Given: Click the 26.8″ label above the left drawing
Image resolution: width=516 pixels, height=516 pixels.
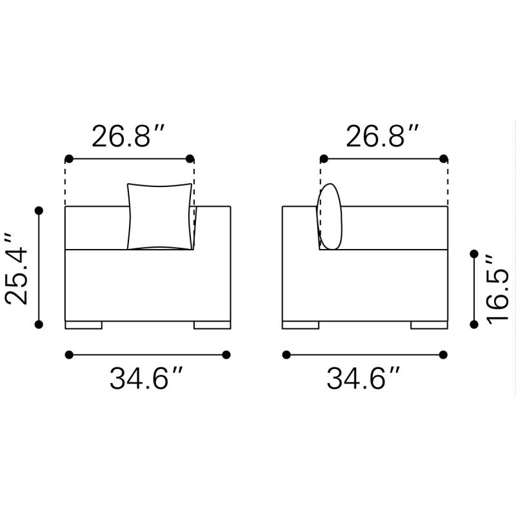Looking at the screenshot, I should click(x=129, y=136).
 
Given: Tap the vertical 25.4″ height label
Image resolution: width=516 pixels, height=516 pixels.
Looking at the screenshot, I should click(x=17, y=268).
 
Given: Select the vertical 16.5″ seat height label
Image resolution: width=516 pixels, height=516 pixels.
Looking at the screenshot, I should click(x=498, y=289).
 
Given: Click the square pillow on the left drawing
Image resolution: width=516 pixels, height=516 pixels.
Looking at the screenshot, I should click(x=161, y=217).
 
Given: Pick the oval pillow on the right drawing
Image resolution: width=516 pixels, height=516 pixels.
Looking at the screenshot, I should click(x=329, y=217).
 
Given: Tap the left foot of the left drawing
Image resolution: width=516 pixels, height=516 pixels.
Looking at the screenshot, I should click(x=84, y=325).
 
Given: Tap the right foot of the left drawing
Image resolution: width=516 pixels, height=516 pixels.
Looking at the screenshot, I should click(x=212, y=325).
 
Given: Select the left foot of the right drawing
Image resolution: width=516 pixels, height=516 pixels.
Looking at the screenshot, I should click(x=301, y=325).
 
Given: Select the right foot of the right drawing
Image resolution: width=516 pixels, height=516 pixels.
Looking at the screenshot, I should click(x=430, y=325).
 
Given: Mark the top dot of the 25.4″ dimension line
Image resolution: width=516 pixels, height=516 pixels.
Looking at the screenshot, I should click(x=39, y=210).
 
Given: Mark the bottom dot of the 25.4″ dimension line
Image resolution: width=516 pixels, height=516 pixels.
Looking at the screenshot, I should click(x=39, y=324).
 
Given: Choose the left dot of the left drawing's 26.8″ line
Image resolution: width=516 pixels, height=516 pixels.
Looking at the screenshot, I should click(x=68, y=159).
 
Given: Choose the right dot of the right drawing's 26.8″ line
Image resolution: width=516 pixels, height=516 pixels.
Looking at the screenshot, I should click(x=444, y=159).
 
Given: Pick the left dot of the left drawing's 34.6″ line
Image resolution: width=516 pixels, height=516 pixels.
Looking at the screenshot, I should click(x=69, y=354).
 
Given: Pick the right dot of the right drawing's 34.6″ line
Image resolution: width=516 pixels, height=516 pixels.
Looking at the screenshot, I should click(x=443, y=354).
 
